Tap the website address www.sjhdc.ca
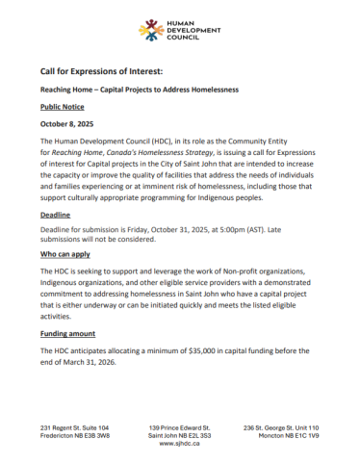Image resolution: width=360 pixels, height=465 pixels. pos(179,444)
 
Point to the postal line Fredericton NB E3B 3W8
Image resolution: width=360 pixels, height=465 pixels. pos(75,435)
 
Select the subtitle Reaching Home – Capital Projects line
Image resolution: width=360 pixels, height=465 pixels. pos(139,90)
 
